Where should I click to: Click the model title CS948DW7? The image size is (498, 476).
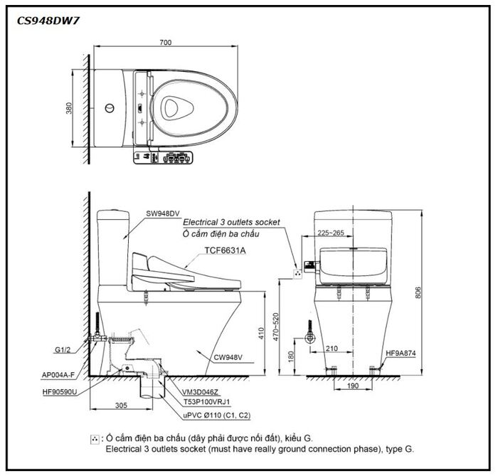pos(48,21)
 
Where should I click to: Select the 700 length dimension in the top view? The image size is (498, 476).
pos(166,42)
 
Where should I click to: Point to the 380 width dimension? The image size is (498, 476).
pos(69,108)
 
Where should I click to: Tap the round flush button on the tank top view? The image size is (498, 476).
pos(110,108)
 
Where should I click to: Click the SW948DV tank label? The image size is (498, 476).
pos(163,213)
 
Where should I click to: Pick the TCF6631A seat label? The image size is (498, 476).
pos(226,250)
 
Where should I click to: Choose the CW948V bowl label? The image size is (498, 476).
pos(228,357)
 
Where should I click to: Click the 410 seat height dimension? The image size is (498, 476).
pos(261,334)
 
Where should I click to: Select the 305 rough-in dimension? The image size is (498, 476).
pos(121,406)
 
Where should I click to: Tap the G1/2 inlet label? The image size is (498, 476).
pos(63,350)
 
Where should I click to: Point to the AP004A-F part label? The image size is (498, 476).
pos(58,375)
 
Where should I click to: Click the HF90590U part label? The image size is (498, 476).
pos(60,392)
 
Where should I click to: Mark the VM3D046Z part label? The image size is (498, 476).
pos(200,392)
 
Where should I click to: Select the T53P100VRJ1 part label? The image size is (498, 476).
pos(207,402)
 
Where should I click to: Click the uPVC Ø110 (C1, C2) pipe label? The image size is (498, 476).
pos(217,415)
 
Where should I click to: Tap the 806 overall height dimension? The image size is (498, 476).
pos(418,292)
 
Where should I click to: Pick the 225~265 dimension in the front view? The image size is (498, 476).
pos(331,233)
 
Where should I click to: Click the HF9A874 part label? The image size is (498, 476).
pos(401,353)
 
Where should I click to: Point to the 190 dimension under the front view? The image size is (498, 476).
pos(353,386)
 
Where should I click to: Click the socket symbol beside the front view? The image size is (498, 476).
pos(298,273)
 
